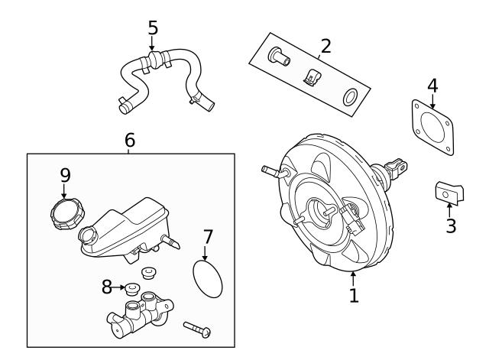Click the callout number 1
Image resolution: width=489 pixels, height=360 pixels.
pyautogui.click(x=353, y=295)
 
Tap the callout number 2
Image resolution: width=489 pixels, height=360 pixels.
pyautogui.click(x=325, y=46)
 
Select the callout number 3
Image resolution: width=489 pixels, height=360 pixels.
pyautogui.click(x=451, y=225)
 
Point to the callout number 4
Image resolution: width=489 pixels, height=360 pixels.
pyautogui.click(x=432, y=85)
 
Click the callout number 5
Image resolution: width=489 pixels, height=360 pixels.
pyautogui.click(x=153, y=28)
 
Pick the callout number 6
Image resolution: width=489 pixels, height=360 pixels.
pyautogui.click(x=129, y=140)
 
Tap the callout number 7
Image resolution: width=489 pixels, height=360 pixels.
pyautogui.click(x=208, y=238)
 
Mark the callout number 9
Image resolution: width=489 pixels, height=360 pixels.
pyautogui.click(x=65, y=175)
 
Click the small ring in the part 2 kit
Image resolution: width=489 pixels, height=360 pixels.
pyautogui.click(x=350, y=96)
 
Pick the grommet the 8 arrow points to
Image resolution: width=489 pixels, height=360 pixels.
pyautogui.click(x=131, y=289)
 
